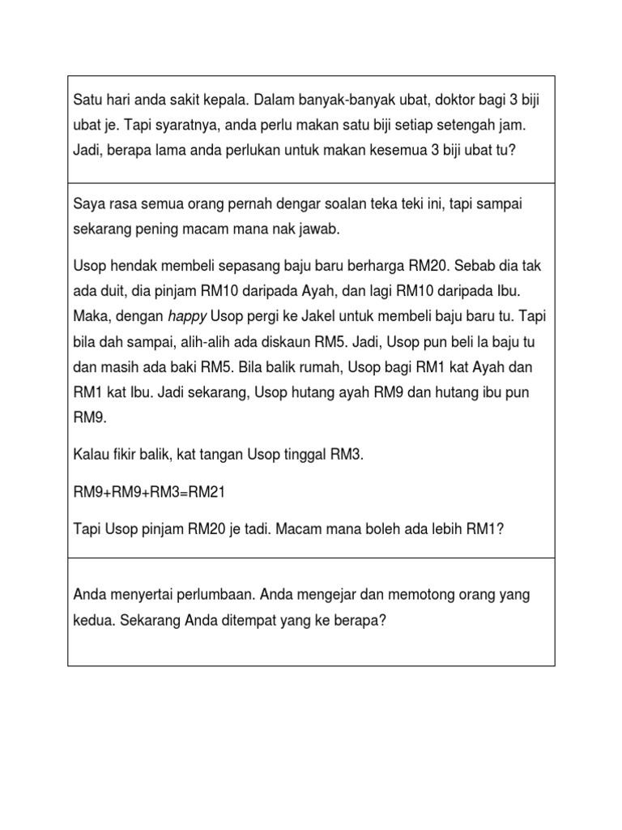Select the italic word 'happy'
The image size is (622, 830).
[188, 315]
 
